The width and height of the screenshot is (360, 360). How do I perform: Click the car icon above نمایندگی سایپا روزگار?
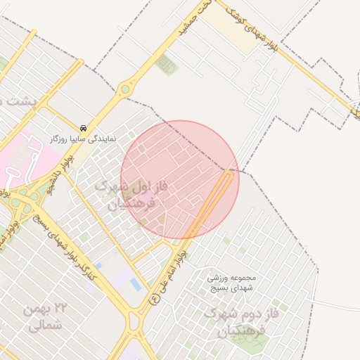(84, 128)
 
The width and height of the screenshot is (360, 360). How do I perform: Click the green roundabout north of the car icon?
(126, 89)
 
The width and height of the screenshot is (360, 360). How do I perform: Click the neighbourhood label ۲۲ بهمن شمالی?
(48, 317)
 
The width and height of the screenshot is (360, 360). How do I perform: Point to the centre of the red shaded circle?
(180, 180)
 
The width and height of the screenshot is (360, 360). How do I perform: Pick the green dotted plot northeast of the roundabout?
(167, 65)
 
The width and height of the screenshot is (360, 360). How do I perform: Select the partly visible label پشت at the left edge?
(14, 101)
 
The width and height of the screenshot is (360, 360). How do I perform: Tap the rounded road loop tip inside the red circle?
(229, 174)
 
